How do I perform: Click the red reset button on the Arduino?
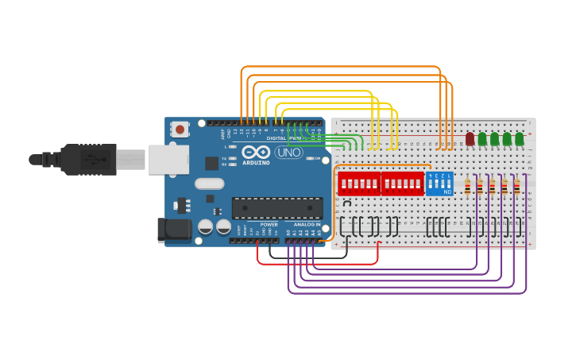click(180, 129)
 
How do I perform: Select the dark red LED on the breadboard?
click(470, 139)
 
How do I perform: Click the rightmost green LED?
click(519, 139)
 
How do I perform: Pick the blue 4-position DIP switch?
click(439, 184)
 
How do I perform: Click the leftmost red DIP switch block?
click(359, 184)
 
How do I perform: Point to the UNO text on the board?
click(288, 152)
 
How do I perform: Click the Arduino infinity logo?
click(256, 152)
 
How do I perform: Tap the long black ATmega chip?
click(277, 207)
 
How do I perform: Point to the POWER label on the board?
click(269, 225)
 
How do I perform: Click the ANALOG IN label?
click(307, 225)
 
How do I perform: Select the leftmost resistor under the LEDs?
click(467, 187)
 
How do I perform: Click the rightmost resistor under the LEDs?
click(516, 187)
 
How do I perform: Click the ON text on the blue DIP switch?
click(447, 192)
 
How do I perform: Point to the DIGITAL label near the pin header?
click(276, 138)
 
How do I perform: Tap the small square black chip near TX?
click(211, 163)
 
